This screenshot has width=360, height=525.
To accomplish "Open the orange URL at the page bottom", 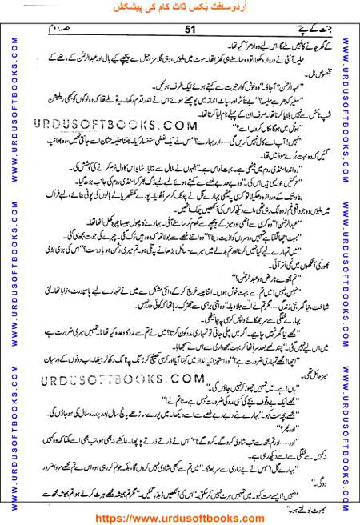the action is (180, 516).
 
